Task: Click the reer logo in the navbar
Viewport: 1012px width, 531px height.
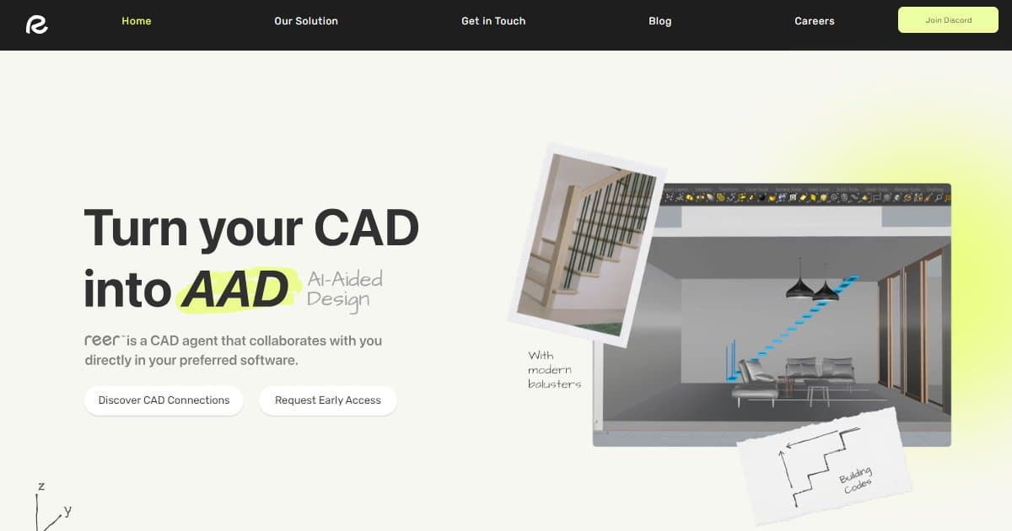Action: pyautogui.click(x=36, y=24)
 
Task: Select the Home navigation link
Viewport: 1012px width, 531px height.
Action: pyautogui.click(x=137, y=21)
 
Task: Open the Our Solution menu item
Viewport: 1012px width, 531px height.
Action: pyautogui.click(x=306, y=21)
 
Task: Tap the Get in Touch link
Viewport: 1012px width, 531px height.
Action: pyautogui.click(x=493, y=21)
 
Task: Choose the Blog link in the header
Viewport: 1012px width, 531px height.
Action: pyautogui.click(x=660, y=21)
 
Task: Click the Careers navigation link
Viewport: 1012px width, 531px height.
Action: pyautogui.click(x=815, y=21)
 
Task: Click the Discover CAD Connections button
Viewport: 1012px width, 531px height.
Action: pyautogui.click(x=164, y=400)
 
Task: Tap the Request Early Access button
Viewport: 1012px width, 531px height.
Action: pyautogui.click(x=328, y=400)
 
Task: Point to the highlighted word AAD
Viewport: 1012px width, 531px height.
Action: pyautogui.click(x=236, y=290)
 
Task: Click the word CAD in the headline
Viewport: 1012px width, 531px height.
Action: pyautogui.click(x=366, y=228)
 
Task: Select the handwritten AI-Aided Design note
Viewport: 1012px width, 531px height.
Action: pyautogui.click(x=344, y=289)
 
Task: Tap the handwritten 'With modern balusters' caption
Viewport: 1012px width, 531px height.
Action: pyautogui.click(x=553, y=369)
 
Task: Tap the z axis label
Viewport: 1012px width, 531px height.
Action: pyautogui.click(x=41, y=486)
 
